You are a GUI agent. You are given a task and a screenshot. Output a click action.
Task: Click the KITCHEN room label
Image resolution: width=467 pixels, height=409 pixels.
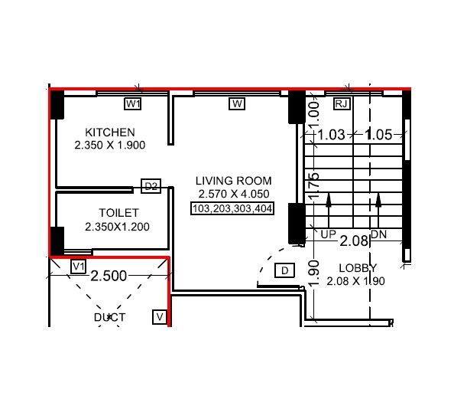click(110, 132)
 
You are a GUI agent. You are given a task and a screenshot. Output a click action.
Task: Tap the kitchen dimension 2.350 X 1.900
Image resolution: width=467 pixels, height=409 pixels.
click(110, 145)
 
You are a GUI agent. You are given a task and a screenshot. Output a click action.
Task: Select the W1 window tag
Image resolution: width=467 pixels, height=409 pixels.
click(135, 103)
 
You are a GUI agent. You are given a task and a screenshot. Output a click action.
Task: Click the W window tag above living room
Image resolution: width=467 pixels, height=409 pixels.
click(237, 103)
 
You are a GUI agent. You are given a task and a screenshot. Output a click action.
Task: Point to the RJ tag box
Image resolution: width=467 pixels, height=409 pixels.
click(342, 103)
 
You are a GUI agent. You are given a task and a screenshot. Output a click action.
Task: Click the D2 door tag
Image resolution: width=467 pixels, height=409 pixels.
click(151, 186)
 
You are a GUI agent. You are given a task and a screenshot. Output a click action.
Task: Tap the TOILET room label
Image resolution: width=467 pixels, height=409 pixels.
click(118, 213)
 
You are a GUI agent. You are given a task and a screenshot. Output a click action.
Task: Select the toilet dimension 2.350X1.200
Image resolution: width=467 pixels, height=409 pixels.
click(117, 227)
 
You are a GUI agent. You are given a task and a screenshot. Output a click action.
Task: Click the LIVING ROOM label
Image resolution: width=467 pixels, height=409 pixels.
click(233, 181)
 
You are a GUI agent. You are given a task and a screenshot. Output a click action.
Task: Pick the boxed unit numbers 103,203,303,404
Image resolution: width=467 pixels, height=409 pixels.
click(232, 208)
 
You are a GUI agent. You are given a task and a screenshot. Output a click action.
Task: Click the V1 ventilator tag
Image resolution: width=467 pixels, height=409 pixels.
click(77, 267)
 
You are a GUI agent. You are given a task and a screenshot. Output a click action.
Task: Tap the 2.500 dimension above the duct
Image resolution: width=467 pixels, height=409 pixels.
click(109, 276)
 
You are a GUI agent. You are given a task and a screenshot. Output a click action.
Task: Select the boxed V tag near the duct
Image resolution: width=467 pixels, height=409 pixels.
click(160, 316)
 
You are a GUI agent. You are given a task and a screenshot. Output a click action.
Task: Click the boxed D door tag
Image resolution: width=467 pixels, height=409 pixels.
click(284, 270)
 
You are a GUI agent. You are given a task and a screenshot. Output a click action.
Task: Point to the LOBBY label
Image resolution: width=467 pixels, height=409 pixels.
click(358, 267)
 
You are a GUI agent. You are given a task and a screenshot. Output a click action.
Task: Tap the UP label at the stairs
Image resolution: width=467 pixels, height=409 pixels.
click(329, 234)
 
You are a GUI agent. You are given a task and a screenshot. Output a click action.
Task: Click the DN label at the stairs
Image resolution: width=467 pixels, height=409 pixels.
click(378, 234)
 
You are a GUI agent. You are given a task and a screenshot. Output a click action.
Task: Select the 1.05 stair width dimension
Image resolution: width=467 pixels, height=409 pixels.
click(378, 135)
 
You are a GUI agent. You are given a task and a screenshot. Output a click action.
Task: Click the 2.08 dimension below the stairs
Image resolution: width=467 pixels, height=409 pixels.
click(354, 241)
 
